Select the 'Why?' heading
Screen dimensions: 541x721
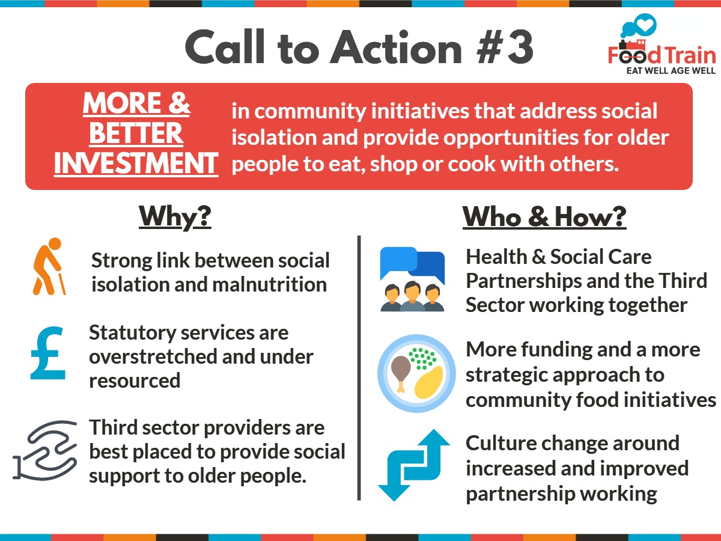point(175,217)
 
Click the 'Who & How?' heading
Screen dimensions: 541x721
point(544,217)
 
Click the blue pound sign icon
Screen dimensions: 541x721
point(48,354)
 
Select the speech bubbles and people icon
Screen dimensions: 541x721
point(412,280)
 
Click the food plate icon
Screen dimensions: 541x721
point(416,373)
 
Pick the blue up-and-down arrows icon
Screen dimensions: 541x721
point(413,465)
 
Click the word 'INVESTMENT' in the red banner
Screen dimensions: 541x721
point(136,164)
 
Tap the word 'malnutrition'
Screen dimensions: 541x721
point(270,284)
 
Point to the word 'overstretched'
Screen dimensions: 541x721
point(148,356)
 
